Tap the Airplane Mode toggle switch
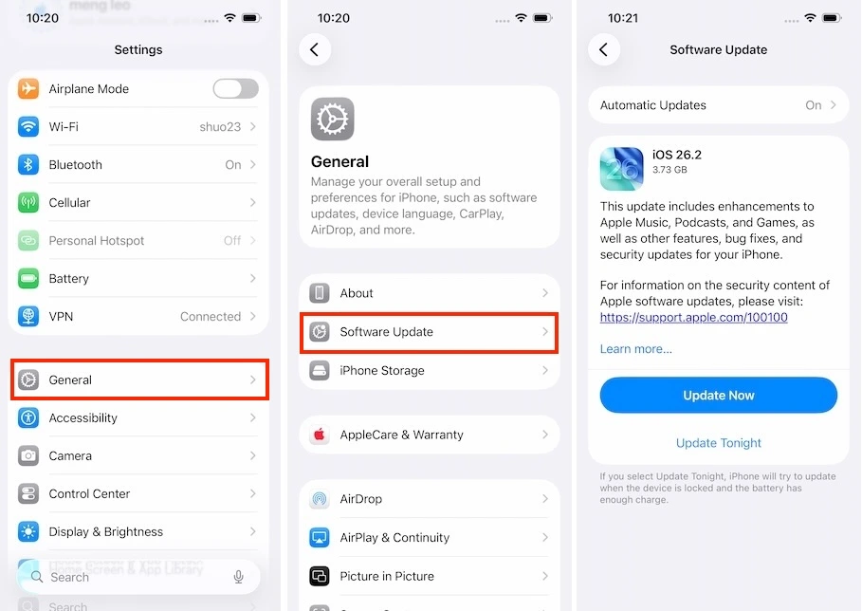point(235,88)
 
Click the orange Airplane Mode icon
point(28,88)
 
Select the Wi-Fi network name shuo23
point(220,126)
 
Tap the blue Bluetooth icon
point(28,164)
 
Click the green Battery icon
point(28,278)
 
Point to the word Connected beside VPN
point(211,316)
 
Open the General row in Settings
point(138,380)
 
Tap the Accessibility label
point(83,417)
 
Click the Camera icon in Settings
point(28,455)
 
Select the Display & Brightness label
point(106,531)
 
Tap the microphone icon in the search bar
point(239,576)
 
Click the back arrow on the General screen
point(315,49)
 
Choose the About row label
point(357,293)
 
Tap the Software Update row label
point(387,332)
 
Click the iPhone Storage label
point(382,370)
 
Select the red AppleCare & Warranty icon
point(320,435)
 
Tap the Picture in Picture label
point(387,576)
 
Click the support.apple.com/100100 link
point(694,317)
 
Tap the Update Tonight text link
point(719,443)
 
